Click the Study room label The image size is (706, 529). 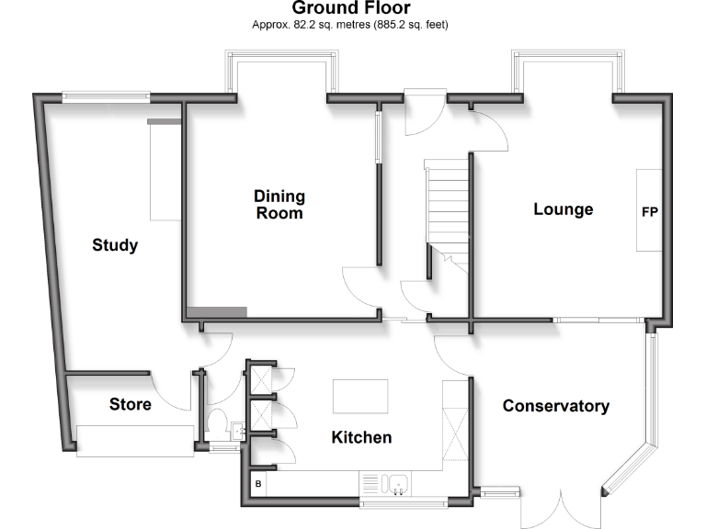[x=115, y=245]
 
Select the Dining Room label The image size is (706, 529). [x=279, y=205]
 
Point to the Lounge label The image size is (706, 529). [x=564, y=209]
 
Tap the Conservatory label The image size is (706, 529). [x=555, y=406]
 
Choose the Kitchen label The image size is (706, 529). [x=361, y=437]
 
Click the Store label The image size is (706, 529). [x=131, y=404]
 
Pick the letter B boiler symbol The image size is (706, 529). [x=257, y=483]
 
